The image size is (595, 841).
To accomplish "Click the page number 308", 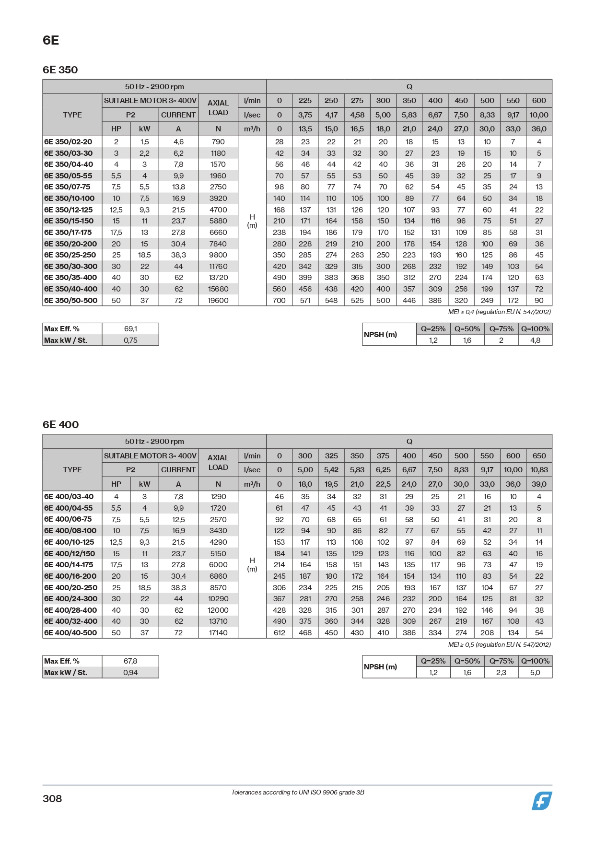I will (x=52, y=798).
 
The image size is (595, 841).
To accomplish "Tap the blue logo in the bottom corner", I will (x=541, y=801).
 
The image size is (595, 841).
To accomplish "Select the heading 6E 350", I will (x=60, y=70).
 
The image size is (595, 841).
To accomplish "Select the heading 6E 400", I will (x=60, y=425).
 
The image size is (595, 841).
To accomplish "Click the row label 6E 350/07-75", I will (x=67, y=187).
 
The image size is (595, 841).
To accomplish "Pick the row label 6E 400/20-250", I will (x=70, y=587).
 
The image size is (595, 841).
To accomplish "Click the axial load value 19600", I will (x=218, y=301).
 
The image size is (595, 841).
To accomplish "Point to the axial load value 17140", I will (x=218, y=633).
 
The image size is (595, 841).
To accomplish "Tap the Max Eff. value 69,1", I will (x=130, y=329).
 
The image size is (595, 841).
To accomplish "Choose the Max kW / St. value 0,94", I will (x=130, y=673).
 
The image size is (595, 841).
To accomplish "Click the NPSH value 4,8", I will (x=535, y=340).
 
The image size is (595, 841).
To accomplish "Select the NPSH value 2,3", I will (x=501, y=673).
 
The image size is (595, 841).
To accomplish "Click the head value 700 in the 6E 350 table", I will (x=279, y=301).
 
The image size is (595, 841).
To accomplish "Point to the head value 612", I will (x=279, y=633).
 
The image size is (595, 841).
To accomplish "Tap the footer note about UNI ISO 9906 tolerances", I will (x=298, y=793).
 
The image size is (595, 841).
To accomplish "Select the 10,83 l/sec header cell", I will (x=539, y=470).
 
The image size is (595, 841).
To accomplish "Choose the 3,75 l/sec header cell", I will (x=305, y=115).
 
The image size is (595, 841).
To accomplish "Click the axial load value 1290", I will (x=218, y=497).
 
